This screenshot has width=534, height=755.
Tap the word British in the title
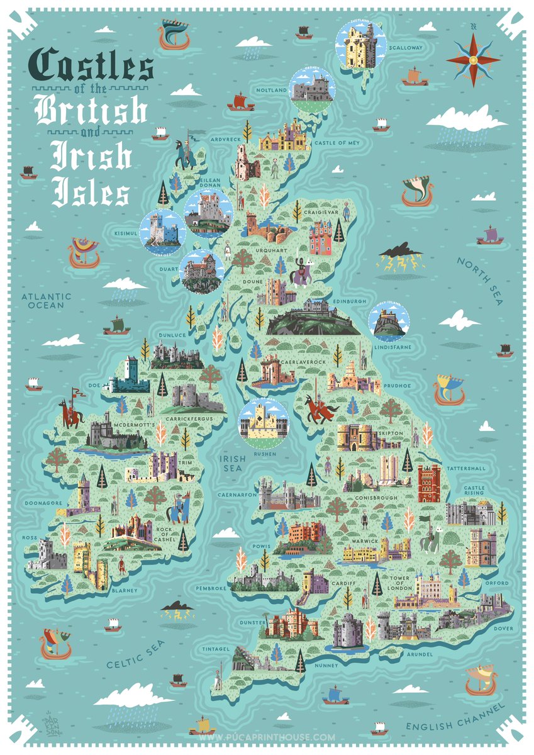pyautogui.click(x=91, y=111)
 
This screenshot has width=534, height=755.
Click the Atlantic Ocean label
pyautogui.click(x=46, y=301)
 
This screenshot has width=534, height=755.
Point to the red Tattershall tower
pyautogui.click(x=429, y=483)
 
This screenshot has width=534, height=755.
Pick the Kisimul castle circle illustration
pyautogui.click(x=162, y=231)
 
